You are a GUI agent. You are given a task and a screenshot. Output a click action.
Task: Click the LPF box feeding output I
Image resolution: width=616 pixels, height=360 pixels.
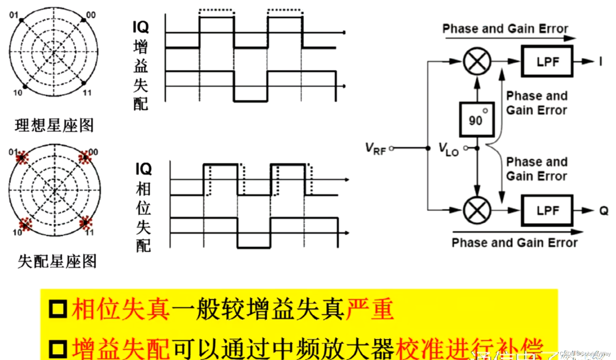(x=547, y=62)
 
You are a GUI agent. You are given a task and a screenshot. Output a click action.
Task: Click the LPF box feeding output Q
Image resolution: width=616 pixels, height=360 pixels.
(x=547, y=210)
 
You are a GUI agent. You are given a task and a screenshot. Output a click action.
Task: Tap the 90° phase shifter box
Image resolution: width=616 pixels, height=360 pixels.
(x=477, y=119)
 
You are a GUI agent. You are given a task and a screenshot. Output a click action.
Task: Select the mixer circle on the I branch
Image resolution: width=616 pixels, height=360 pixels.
(x=477, y=61)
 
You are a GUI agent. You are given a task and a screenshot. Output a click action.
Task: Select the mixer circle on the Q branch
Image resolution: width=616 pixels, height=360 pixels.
(x=477, y=210)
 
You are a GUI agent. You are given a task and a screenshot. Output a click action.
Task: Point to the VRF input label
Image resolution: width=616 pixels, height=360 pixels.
(x=375, y=148)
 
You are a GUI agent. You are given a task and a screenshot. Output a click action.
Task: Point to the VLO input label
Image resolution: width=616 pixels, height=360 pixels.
(x=448, y=149)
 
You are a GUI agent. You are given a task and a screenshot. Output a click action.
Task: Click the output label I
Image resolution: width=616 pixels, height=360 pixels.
(x=601, y=62)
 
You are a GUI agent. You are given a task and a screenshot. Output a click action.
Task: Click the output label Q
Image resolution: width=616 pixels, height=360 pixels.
(x=604, y=211)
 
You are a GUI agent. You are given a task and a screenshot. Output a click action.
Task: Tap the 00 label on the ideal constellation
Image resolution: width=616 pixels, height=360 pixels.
(x=91, y=15)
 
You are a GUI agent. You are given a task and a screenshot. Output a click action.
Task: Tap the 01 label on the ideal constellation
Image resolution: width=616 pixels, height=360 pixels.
(x=13, y=15)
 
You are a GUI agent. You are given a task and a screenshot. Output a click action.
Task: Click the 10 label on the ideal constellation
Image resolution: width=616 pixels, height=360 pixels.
(x=17, y=93)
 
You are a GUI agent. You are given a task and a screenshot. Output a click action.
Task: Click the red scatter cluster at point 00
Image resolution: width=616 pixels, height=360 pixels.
(x=85, y=157)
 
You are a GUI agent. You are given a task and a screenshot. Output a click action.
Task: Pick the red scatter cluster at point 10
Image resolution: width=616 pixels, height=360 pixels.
(x=25, y=224)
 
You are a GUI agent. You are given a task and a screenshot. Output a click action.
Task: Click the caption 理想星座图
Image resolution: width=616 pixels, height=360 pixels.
(x=54, y=125)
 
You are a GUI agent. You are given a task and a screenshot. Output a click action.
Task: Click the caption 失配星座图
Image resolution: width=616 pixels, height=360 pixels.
(x=57, y=261)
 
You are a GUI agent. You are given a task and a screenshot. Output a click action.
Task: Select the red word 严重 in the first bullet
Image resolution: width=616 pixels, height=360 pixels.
(x=369, y=309)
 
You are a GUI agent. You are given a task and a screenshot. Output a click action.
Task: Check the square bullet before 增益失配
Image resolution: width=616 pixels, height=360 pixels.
(x=58, y=348)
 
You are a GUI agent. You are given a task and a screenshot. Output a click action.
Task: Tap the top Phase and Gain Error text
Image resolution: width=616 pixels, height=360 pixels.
(x=505, y=29)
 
